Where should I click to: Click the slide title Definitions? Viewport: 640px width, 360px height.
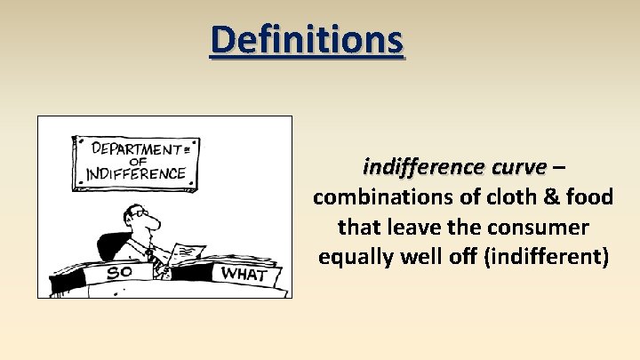tap(307, 39)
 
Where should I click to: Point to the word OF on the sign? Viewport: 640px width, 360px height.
tap(137, 161)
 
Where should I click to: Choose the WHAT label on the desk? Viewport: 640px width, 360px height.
tap(242, 273)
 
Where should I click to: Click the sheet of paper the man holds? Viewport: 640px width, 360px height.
tap(187, 253)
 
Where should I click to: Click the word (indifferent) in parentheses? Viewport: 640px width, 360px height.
tap(546, 258)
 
